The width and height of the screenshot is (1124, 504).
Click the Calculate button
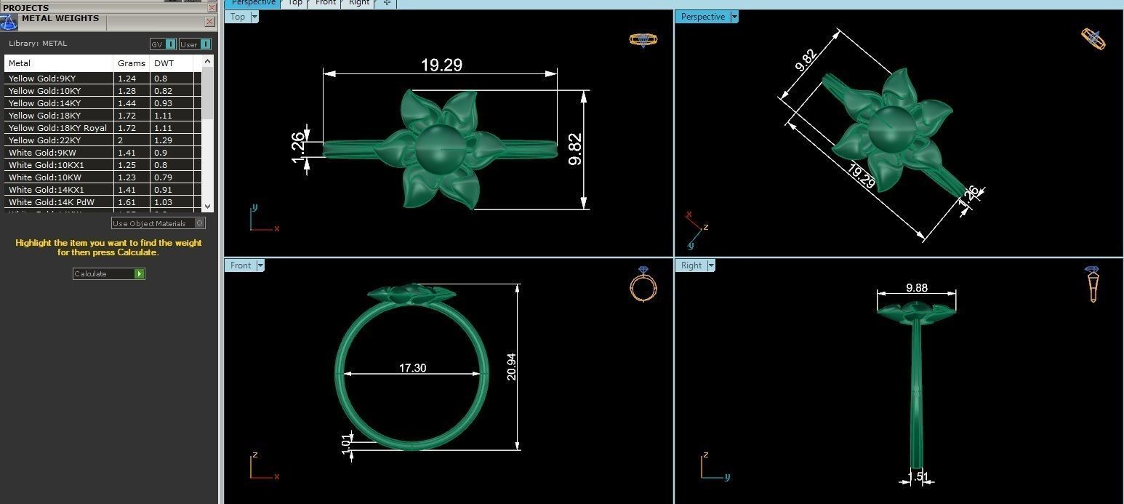[108, 274]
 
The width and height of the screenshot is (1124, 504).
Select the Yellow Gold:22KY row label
[45, 140]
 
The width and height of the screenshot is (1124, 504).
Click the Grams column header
[132, 63]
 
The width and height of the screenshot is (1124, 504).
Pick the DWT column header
[164, 63]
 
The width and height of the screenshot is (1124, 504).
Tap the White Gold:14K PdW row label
[52, 202]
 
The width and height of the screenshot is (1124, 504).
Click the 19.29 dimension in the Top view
[441, 65]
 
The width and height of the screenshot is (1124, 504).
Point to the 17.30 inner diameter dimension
[412, 368]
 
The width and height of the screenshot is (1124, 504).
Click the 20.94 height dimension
[511, 367]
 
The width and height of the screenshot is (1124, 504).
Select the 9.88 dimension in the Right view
[917, 288]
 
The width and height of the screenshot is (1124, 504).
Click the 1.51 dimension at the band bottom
[919, 477]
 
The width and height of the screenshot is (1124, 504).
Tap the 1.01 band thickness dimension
[347, 441]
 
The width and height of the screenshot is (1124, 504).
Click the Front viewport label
[240, 265]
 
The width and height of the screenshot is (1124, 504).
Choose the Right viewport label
[691, 265]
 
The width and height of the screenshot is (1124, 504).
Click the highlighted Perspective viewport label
[702, 17]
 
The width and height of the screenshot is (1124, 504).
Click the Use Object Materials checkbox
[200, 223]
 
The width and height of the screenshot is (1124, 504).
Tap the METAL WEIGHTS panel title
[60, 19]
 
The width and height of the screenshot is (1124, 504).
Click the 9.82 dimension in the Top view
[575, 149]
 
